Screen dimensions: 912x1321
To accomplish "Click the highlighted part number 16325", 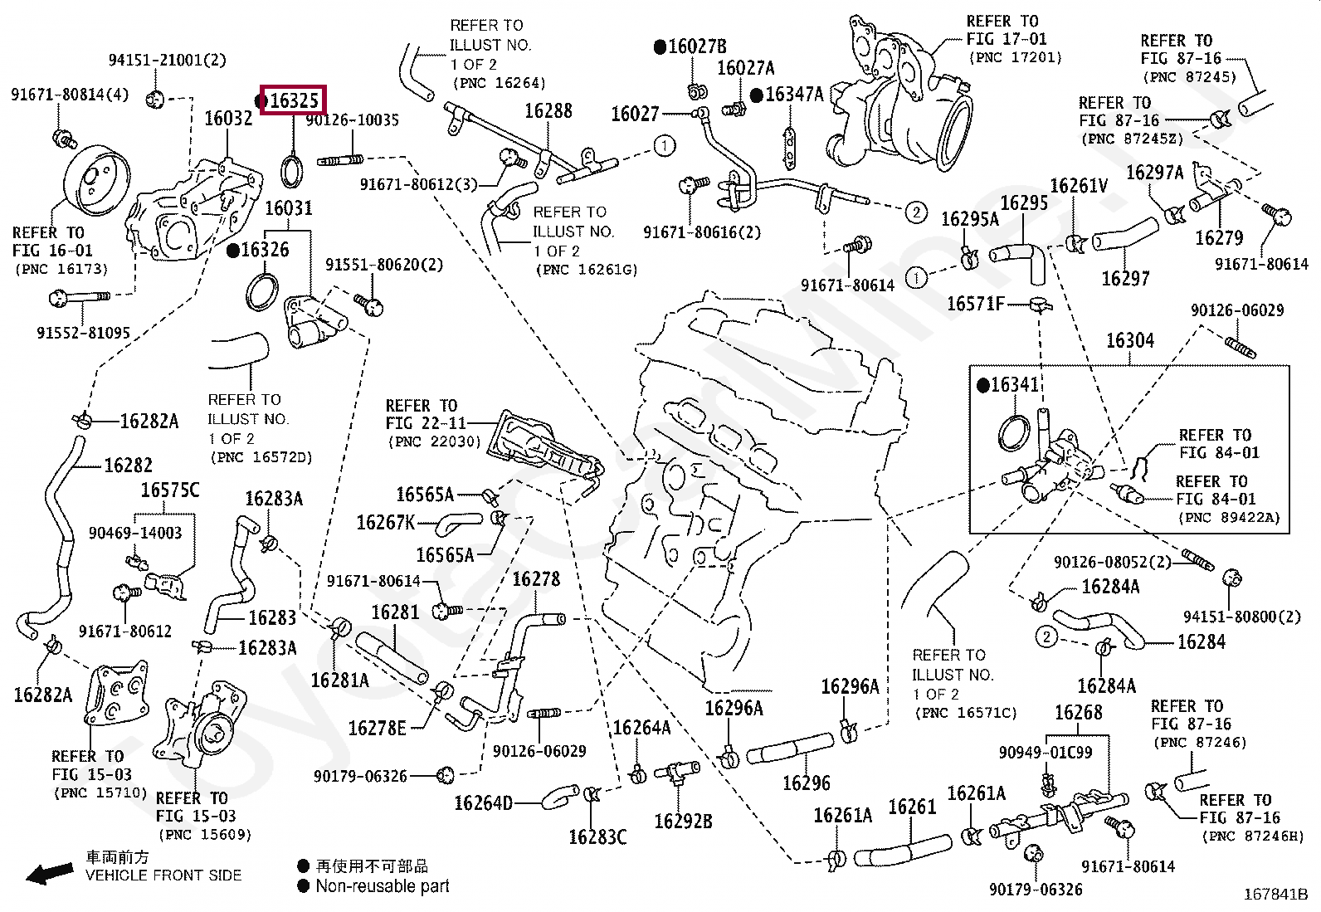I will (x=294, y=101).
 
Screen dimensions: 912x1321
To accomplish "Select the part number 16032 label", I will (x=228, y=119).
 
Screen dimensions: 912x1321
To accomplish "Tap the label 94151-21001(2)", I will (x=167, y=60).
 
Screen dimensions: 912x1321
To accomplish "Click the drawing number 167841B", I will (x=1275, y=895).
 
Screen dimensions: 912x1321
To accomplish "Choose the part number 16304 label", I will (x=1129, y=340).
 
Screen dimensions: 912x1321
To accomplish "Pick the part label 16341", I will (x=1014, y=385).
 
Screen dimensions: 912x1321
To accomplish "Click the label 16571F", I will (x=976, y=305).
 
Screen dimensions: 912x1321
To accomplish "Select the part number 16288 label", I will (x=548, y=111).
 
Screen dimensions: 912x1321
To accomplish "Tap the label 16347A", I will (x=793, y=95).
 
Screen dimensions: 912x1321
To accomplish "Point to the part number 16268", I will (x=1078, y=712).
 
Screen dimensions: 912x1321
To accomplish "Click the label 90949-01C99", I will (x=1046, y=752).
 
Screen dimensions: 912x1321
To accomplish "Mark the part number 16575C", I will (x=169, y=490).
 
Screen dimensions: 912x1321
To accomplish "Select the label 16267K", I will (x=385, y=522).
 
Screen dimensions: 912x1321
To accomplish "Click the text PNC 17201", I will (x=1015, y=57).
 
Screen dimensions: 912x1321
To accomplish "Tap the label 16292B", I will (x=683, y=822).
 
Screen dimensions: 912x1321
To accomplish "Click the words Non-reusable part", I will (x=382, y=886).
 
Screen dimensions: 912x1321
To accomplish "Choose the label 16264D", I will (x=483, y=802).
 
